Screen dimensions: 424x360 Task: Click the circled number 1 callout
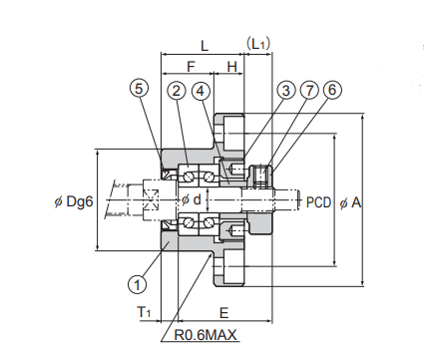[x=137, y=284]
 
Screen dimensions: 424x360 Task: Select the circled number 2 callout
[x=177, y=91]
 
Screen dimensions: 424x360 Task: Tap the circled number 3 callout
[x=286, y=91]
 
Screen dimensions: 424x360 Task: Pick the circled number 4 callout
[x=201, y=91]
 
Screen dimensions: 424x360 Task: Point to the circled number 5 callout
[x=139, y=89]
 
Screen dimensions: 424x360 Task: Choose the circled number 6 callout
[x=332, y=90]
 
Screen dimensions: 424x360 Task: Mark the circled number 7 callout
[x=309, y=91]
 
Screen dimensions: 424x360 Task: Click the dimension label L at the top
[x=205, y=46]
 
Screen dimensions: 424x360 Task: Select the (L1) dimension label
[x=258, y=44]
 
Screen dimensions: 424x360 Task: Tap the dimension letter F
[x=191, y=67]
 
